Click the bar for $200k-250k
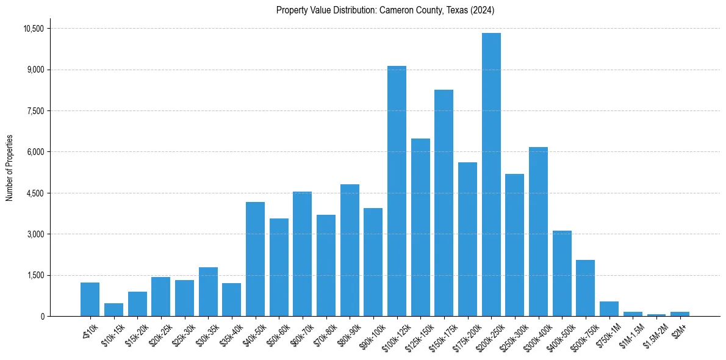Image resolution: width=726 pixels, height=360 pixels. click(491, 175)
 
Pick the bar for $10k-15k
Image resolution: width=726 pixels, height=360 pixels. click(113, 309)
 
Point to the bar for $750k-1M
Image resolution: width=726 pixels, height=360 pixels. click(609, 309)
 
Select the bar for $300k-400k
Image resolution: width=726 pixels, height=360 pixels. click(538, 231)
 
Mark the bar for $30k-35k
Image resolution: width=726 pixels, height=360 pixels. click(208, 292)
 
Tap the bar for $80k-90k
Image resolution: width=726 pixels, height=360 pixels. click(350, 250)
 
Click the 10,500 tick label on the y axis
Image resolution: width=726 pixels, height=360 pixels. click(33, 29)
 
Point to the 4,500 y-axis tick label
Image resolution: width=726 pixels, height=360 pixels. click(35, 193)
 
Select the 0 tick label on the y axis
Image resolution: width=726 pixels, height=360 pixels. click(42, 316)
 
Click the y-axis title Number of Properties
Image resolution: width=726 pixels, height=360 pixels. click(10, 167)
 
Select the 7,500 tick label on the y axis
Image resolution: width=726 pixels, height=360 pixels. click(35, 111)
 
